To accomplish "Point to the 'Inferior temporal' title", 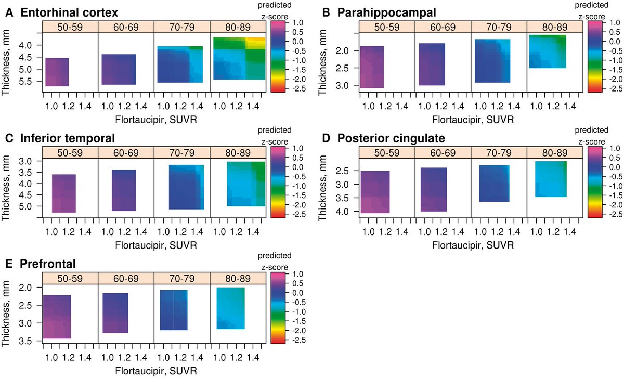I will pyautogui.click(x=68, y=138).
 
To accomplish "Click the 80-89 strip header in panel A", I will pyautogui.click(x=238, y=27).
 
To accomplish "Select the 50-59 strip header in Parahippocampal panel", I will pyautogui.click(x=386, y=27).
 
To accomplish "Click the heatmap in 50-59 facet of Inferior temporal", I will pyautogui.click(x=64, y=193).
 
